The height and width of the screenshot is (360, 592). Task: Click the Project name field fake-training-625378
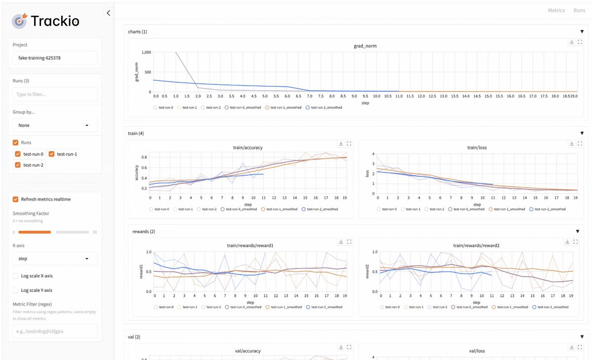55,58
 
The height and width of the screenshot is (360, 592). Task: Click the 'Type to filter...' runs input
55,94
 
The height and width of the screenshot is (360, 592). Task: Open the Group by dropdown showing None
55,125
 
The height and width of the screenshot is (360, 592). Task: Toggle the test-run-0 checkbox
18,154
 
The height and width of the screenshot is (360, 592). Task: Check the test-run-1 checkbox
51,154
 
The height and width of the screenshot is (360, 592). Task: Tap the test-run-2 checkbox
18,165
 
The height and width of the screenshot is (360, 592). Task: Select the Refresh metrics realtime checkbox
16,199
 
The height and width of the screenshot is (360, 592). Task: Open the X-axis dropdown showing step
55,258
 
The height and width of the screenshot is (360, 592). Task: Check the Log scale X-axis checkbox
16,276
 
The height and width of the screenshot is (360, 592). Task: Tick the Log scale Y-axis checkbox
16,290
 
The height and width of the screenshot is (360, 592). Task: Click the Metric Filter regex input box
55,331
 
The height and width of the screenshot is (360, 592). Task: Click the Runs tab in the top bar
579,10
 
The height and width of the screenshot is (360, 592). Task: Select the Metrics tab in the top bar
556,10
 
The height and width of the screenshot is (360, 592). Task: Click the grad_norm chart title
365,46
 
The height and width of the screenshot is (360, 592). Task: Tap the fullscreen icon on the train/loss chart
580,144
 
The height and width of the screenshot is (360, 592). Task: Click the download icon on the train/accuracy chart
341,144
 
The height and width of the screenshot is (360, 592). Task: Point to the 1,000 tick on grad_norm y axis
146,52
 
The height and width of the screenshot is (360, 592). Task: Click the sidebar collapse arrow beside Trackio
109,13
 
